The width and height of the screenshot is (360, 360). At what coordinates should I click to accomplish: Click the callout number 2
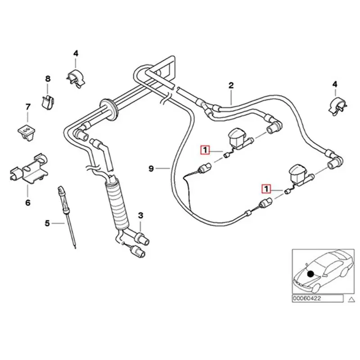pos(231,85)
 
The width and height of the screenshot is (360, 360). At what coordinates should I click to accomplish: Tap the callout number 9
pos(151,168)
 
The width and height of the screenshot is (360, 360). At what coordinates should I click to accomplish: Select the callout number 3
pos(140,216)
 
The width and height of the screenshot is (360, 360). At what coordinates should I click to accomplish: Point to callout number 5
pos(47,223)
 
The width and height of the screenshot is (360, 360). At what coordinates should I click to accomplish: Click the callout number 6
pos(28,203)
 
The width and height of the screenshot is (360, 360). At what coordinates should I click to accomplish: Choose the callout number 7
pos(28,107)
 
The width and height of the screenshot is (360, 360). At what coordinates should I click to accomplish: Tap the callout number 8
pos(48,79)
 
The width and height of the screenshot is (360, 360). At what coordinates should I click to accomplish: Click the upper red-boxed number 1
pos(205,150)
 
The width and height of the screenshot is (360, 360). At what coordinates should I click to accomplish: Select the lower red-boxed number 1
pos(266,189)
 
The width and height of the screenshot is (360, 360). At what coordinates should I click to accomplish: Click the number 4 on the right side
pos(335,84)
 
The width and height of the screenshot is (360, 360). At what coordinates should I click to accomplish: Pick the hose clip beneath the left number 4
pos(75,78)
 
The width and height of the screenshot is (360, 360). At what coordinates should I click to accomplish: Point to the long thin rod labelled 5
pos(67,217)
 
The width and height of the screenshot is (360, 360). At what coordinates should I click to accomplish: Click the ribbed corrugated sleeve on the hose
pos(117,204)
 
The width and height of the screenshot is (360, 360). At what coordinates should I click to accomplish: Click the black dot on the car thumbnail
pos(310,274)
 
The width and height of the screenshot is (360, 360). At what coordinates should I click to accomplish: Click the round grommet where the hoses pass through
pos(109,109)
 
